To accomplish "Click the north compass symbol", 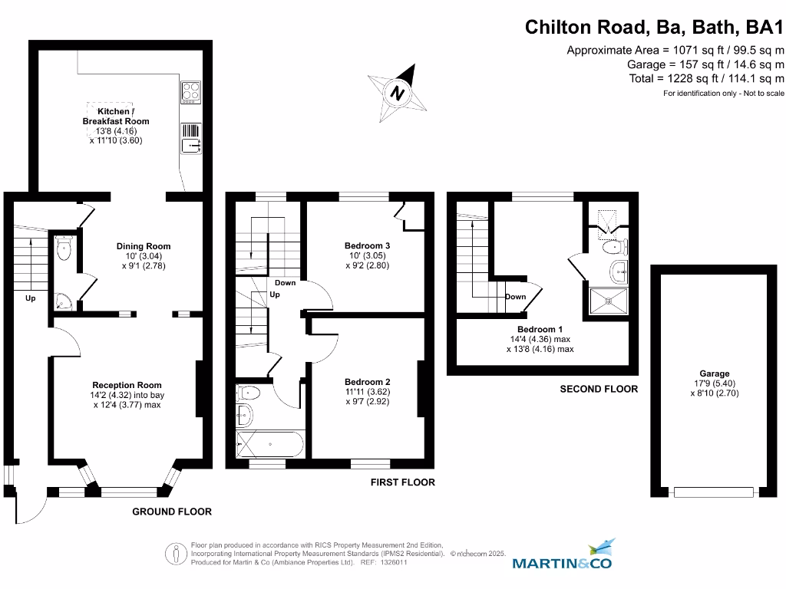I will (398, 94).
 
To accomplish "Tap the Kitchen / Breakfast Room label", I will (116, 117).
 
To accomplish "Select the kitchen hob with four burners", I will (190, 92).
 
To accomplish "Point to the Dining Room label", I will (144, 246).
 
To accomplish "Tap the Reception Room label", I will (127, 385).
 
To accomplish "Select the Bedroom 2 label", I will (367, 382).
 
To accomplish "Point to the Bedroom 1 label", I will (540, 330).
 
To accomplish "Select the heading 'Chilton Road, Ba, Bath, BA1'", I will (654, 28).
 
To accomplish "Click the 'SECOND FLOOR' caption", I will (599, 389).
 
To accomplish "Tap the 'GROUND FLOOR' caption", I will (172, 512).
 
